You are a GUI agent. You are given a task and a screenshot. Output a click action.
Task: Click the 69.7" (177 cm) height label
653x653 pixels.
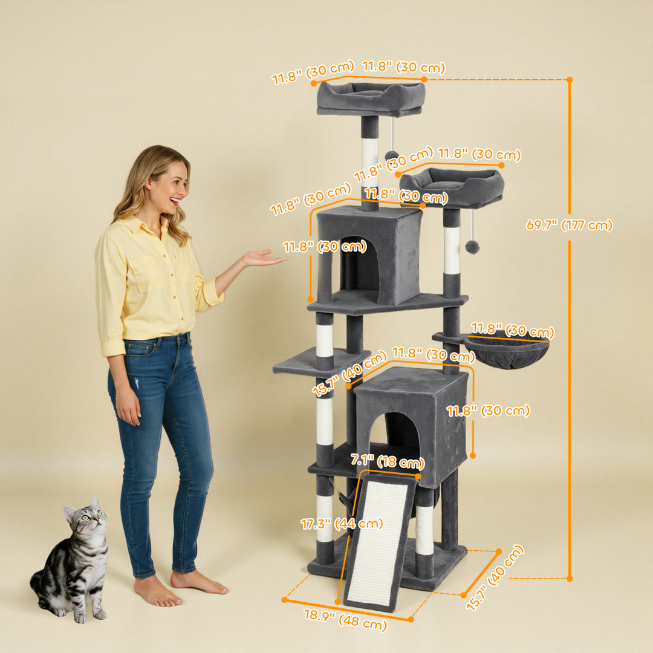point(569,226)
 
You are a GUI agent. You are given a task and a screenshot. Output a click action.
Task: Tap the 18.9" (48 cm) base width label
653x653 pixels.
point(345,620)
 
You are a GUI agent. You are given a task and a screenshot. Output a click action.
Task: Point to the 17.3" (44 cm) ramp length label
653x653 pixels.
point(342,524)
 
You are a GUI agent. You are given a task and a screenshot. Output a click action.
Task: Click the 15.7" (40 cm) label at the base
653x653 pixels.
point(495,577)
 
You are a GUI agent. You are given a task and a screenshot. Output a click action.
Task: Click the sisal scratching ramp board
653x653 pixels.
point(379,542)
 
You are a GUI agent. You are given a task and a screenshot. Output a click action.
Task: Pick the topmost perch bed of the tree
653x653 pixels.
point(370,98)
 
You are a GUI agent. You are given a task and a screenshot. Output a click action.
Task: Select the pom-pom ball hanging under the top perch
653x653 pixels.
point(391,155)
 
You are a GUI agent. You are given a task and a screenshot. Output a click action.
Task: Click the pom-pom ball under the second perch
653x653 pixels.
point(472,247)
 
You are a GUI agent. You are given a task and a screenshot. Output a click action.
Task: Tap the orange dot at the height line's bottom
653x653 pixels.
point(569,579)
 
